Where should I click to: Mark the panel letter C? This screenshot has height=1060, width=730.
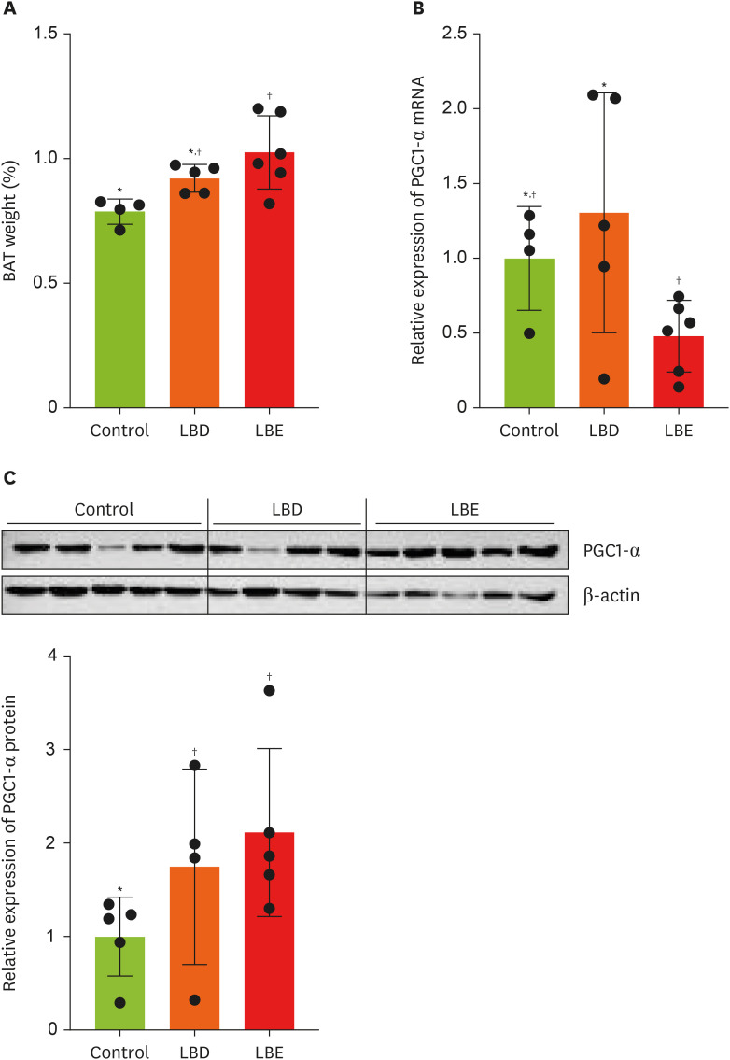9,478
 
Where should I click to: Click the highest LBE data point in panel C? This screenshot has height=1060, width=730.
270,691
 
